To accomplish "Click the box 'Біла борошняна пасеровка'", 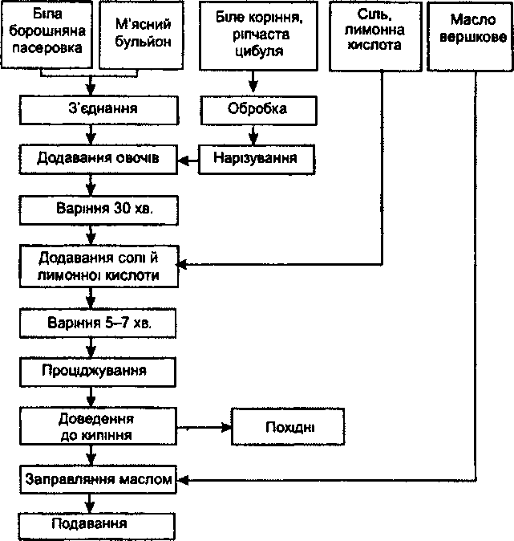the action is point(47,34).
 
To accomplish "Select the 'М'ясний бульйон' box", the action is point(141,35).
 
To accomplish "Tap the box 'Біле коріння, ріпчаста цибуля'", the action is point(258,35).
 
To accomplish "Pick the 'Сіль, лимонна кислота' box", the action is point(375,36).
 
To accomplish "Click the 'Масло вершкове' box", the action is point(470,36).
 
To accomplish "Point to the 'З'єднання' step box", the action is point(99,110).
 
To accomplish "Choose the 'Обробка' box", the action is point(258,110).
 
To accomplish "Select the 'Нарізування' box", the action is point(257,159).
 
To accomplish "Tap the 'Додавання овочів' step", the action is point(99,159).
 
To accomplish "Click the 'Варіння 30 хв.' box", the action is point(99,210).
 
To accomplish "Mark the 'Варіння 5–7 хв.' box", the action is point(98,323).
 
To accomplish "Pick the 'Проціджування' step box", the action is point(98,372).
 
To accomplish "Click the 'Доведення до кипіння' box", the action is point(99,426).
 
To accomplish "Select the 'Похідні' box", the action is point(288,426).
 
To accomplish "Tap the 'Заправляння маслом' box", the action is point(99,479).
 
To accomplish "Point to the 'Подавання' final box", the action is point(97,527).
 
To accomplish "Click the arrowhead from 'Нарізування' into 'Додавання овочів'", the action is point(183,160).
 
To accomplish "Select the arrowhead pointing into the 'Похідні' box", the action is point(226,428).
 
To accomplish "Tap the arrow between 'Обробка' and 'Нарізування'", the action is point(253,135).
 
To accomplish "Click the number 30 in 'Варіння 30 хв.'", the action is point(122,209).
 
